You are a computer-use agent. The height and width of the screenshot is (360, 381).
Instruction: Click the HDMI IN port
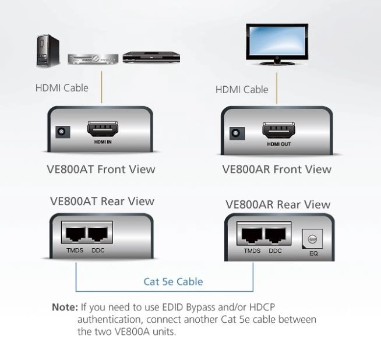[x=102, y=129]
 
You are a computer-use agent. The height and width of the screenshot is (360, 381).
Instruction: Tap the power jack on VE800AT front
[x=60, y=132]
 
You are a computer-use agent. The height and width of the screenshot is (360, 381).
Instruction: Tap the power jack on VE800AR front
[x=236, y=133]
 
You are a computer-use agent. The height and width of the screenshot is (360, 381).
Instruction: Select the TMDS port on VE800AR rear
[x=252, y=235]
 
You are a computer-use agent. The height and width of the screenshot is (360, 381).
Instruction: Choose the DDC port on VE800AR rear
[x=276, y=235]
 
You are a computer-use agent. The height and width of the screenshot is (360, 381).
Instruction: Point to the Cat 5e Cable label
[x=173, y=282]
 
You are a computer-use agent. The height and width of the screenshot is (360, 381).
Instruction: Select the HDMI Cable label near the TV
[x=242, y=90]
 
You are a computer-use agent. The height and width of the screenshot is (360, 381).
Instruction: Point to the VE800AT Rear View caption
[x=102, y=202]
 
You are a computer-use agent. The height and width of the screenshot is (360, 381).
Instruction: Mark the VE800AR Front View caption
[x=277, y=170]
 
